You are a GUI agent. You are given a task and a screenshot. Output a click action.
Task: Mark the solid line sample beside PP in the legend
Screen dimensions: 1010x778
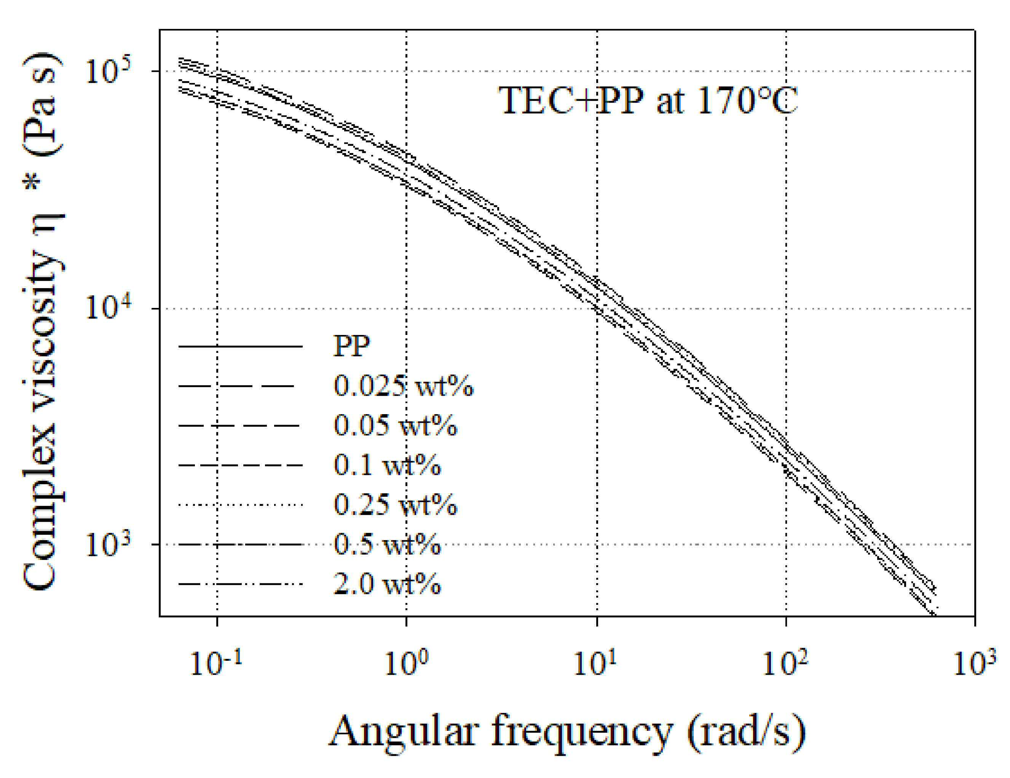coord(241,346)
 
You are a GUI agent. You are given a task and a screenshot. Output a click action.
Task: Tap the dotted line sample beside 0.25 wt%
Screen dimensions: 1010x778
coord(241,505)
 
